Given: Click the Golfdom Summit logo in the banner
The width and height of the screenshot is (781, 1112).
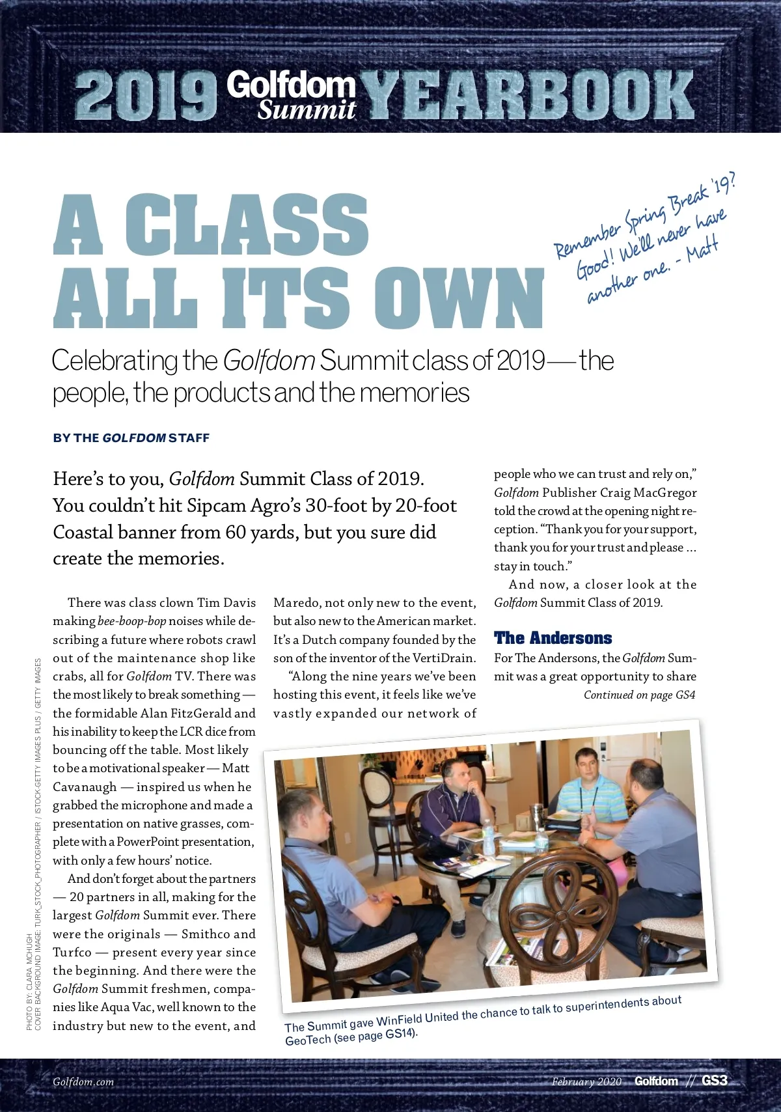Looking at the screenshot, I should click(292, 96).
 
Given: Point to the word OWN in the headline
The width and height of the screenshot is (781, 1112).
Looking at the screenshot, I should click(459, 298).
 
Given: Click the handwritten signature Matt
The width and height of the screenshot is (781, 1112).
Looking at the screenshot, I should click(702, 250).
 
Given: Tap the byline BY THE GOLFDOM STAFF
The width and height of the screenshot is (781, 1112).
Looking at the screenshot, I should click(131, 438).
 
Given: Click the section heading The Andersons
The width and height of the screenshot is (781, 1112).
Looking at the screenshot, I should click(553, 638).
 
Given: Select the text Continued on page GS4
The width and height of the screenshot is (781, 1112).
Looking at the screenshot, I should click(639, 695).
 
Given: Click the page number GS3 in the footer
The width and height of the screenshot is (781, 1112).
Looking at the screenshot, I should click(714, 1081).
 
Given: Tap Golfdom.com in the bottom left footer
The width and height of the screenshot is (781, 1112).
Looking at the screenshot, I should click(83, 1082).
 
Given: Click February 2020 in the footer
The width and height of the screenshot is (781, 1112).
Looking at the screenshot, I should click(586, 1082).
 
